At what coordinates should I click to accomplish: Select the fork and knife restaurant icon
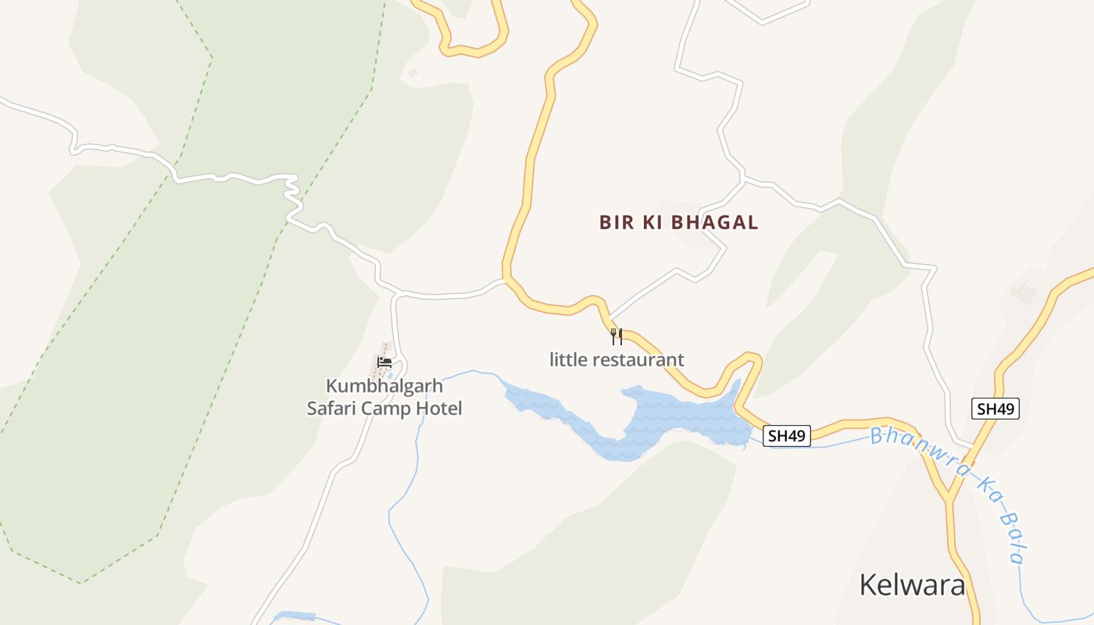click(617, 337)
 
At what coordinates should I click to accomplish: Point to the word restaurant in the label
click(638, 360)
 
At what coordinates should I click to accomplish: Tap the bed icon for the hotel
click(384, 362)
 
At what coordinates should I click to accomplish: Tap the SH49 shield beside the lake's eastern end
click(787, 436)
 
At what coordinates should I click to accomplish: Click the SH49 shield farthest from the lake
click(996, 409)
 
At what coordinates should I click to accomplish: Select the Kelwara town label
click(912, 584)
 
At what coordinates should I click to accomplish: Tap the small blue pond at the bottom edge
click(293, 617)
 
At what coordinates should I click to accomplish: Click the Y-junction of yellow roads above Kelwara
click(949, 497)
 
